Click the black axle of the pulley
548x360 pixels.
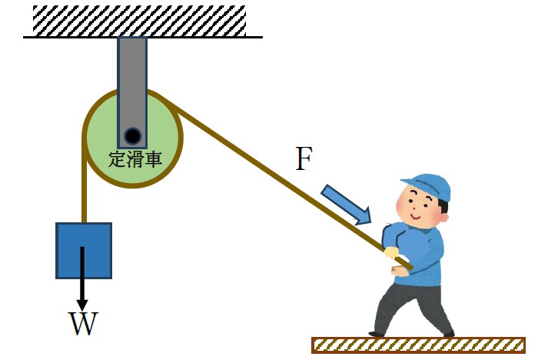click(x=133, y=137)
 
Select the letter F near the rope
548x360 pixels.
click(x=304, y=159)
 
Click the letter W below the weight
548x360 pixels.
click(x=83, y=324)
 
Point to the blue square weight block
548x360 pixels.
click(x=84, y=250)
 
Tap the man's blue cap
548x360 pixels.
click(x=427, y=185)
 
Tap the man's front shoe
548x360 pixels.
click(x=377, y=333)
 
